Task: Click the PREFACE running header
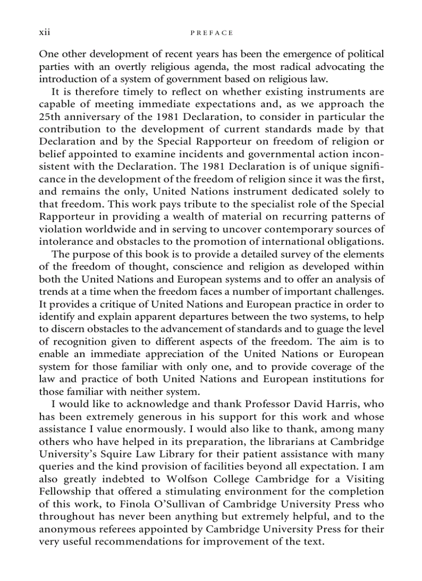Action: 212,33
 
